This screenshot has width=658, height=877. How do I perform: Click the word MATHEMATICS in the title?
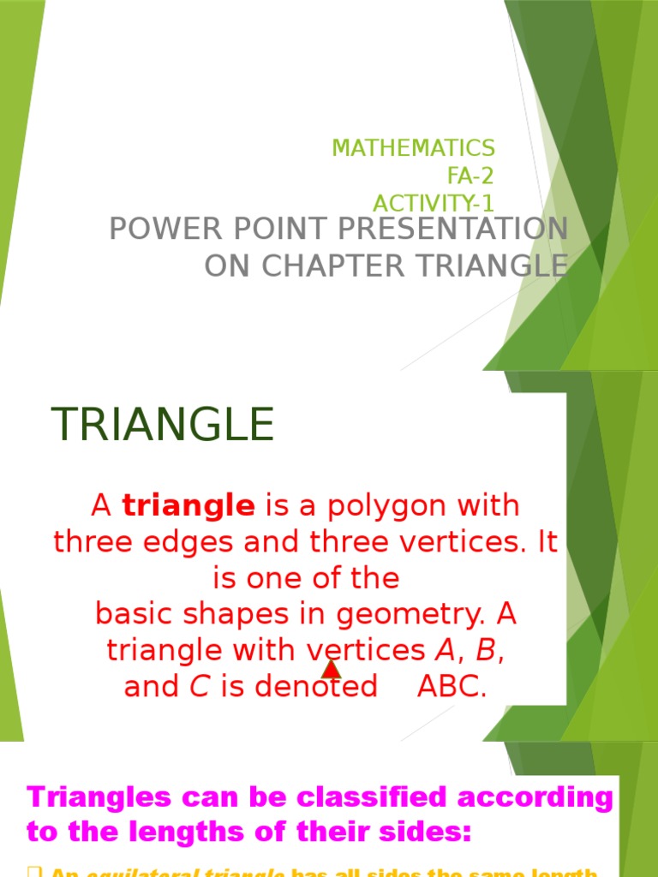[413, 147]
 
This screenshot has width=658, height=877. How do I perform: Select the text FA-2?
[470, 176]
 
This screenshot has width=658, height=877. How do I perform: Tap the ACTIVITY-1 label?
[434, 204]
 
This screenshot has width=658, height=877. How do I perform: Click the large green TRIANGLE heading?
[163, 424]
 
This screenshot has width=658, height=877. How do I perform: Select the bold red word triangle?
[188, 506]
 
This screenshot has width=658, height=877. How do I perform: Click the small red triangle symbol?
[332, 668]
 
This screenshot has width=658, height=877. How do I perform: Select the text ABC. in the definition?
[452, 687]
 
